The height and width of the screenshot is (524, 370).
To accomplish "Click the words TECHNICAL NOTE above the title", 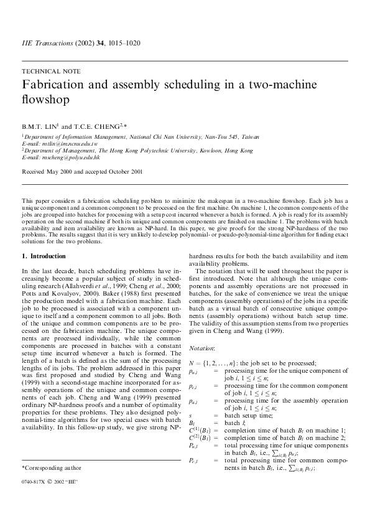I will [x=45, y=72].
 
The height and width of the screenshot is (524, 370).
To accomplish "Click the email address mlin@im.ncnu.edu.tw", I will [x=68, y=143].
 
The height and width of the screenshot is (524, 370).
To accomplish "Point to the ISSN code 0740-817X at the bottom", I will [x=34, y=500].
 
